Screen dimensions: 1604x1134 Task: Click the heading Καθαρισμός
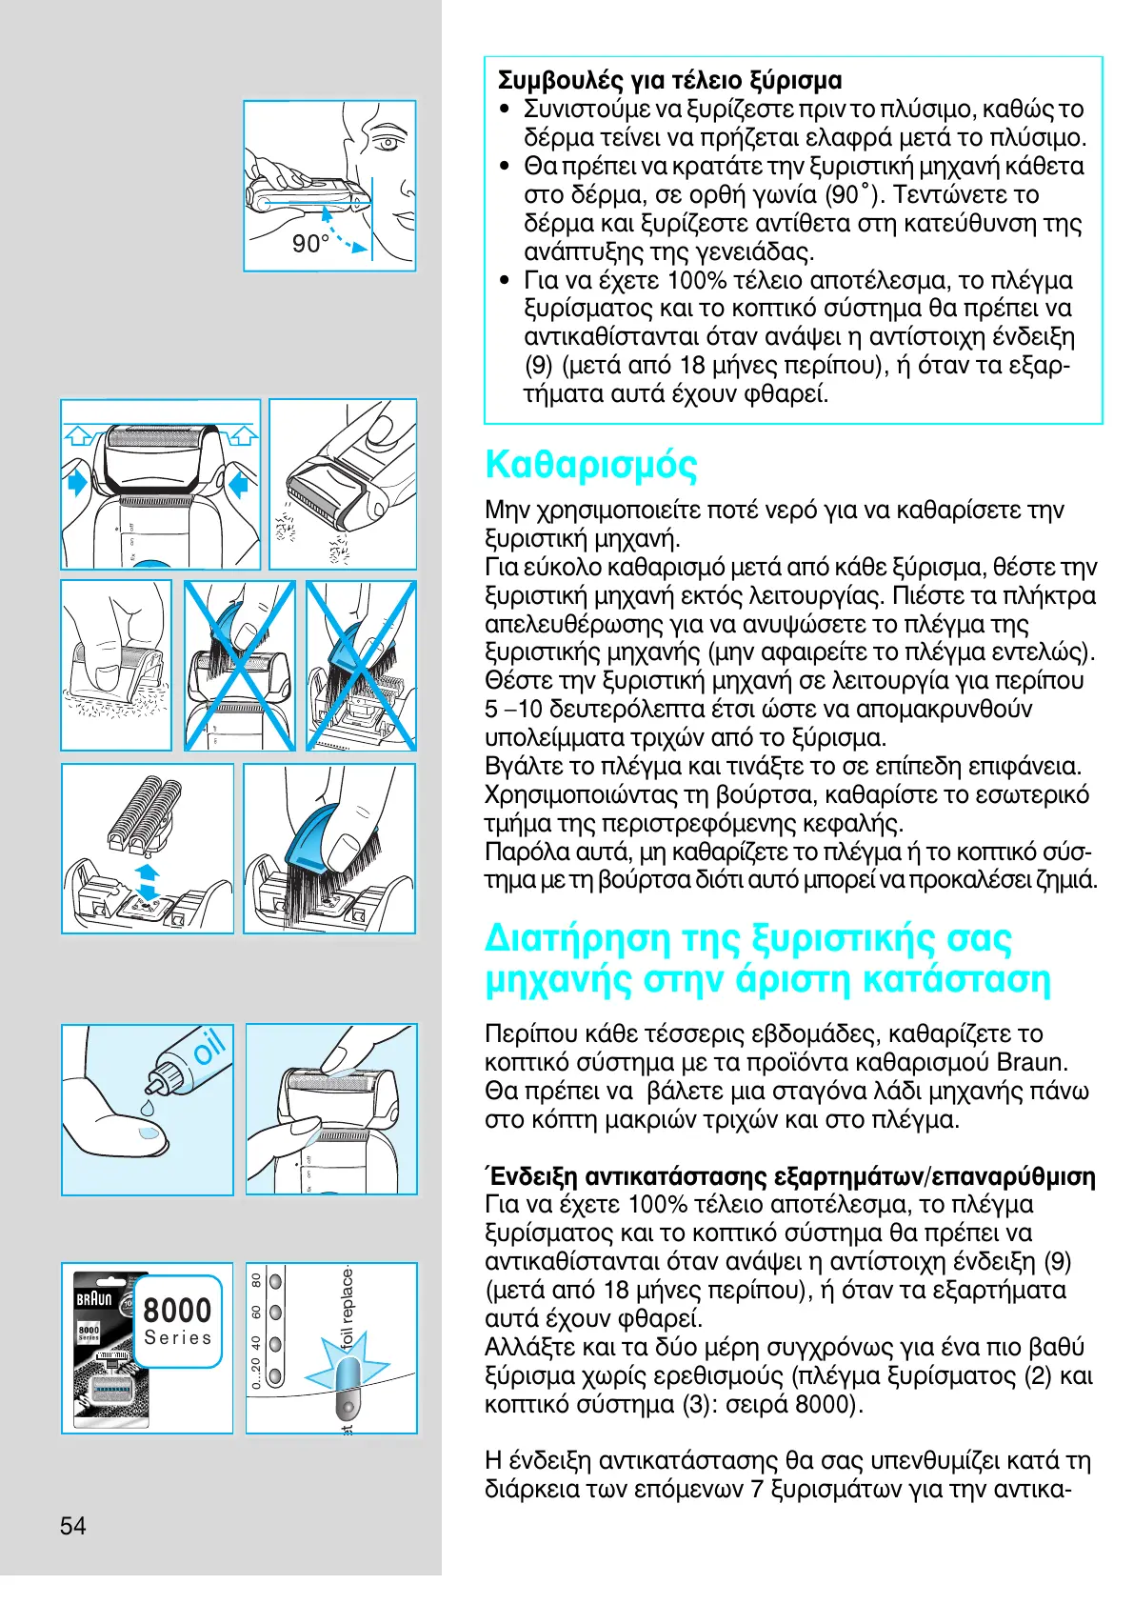coord(590,465)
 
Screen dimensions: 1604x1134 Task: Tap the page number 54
coord(73,1525)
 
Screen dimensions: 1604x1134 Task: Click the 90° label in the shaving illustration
coord(309,244)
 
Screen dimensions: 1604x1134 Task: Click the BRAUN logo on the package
coord(94,1298)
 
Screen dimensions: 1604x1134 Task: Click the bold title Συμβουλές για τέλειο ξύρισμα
coord(669,80)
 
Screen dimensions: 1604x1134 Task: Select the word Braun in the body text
coord(1031,1062)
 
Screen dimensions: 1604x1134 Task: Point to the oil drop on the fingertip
coord(149,1134)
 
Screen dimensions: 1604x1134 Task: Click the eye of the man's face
coord(386,144)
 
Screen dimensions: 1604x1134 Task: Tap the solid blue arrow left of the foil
coord(76,482)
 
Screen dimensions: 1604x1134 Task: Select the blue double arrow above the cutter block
coord(147,881)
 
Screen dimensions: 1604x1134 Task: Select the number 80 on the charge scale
coord(256,1280)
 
